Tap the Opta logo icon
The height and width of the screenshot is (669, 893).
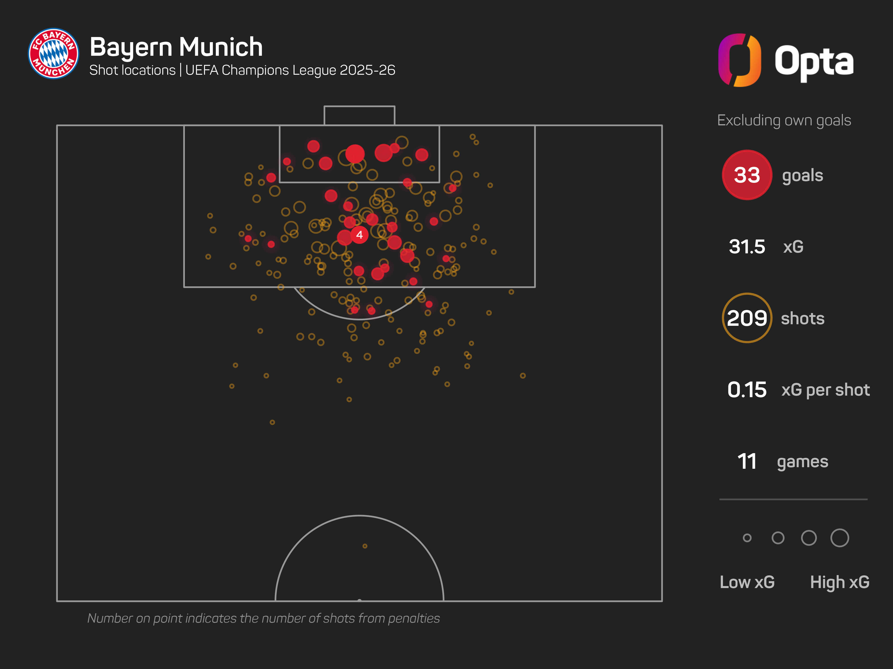[739, 60]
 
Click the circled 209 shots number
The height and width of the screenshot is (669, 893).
[747, 318]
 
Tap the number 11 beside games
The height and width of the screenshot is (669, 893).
[747, 461]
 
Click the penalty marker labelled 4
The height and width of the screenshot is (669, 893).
[359, 235]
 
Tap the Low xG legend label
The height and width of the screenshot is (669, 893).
[747, 582]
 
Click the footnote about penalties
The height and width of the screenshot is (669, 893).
[263, 618]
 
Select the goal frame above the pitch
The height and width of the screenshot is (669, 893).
[359, 115]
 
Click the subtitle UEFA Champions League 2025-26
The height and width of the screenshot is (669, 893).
[290, 70]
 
